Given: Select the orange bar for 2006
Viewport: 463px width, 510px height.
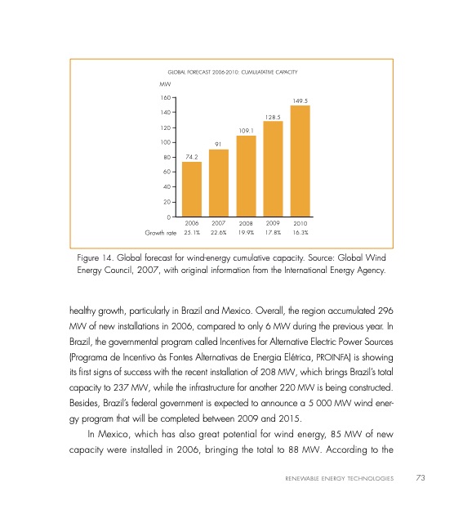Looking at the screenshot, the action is click(192, 189).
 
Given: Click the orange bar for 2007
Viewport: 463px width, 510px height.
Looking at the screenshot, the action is click(219, 183).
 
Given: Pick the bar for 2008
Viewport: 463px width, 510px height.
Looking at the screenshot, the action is click(247, 176).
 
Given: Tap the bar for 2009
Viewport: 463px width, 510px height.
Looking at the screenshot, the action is click(274, 168).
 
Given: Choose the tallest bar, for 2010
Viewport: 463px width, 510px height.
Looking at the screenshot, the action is click(300, 161).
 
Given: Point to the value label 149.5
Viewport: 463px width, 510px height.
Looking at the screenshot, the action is click(300, 101).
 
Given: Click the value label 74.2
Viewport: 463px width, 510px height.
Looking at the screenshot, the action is click(192, 156).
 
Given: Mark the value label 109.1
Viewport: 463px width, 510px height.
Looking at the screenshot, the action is click(247, 130).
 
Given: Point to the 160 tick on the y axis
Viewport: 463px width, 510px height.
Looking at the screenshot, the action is click(166, 97).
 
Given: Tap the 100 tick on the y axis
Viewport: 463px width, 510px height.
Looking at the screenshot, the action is click(166, 142).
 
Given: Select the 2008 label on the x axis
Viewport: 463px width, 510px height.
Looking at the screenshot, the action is click(247, 221).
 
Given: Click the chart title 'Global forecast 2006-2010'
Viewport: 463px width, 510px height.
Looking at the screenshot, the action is click(236, 73).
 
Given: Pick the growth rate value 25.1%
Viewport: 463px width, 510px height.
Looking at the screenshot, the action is click(193, 232).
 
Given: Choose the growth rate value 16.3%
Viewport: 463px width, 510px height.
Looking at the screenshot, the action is click(300, 232).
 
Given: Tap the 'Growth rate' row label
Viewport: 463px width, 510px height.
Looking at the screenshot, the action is click(161, 232).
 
